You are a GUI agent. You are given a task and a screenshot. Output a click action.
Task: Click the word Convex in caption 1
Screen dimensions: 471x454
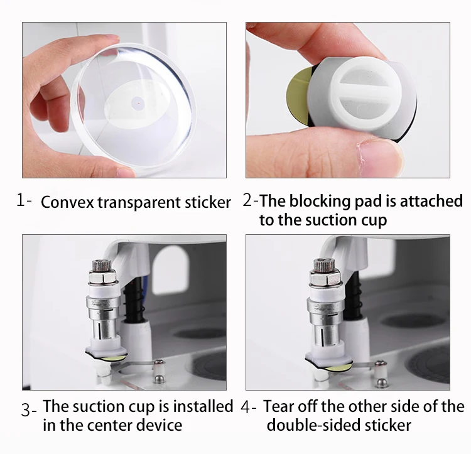67,202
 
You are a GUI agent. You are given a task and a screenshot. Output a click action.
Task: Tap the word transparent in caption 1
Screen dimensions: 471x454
139,203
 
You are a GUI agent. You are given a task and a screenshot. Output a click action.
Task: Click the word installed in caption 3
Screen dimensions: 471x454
203,406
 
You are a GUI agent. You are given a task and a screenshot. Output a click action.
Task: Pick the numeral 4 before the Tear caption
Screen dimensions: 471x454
246,408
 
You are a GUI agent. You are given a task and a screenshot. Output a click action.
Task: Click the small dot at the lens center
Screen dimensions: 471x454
139,103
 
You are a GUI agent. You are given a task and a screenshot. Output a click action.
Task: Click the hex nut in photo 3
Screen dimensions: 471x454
102,276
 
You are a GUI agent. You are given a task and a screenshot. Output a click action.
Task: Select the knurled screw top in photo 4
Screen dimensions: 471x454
323,264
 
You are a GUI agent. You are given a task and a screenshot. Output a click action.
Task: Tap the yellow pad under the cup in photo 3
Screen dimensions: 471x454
112,358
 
